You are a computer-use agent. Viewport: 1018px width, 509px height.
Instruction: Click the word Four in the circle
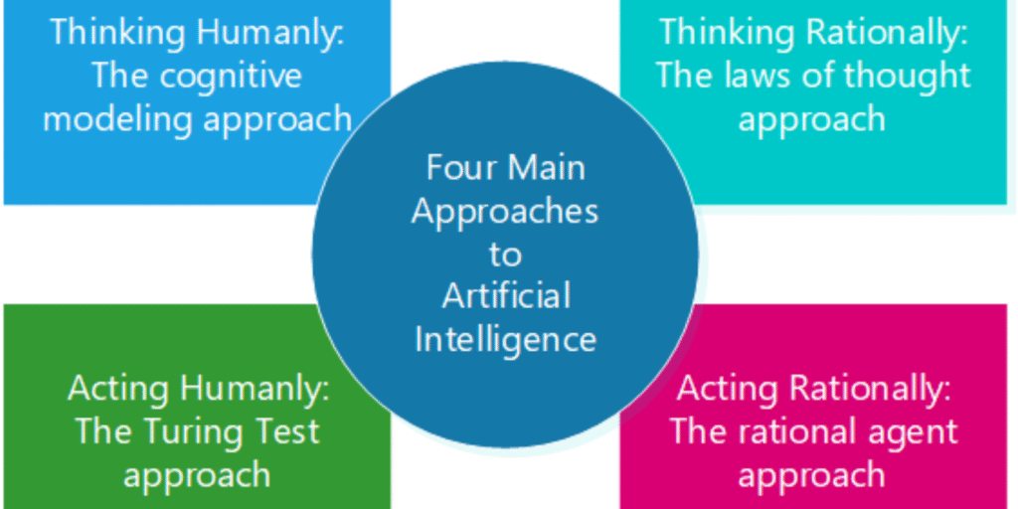point(461,167)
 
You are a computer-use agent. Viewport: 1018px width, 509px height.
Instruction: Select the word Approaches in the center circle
point(505,211)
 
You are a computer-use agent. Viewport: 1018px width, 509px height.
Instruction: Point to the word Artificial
point(506,296)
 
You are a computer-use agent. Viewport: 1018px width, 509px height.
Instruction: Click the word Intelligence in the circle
point(505,340)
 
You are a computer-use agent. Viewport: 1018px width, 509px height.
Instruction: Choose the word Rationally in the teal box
point(884,32)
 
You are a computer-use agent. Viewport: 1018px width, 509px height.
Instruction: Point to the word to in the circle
point(505,254)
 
